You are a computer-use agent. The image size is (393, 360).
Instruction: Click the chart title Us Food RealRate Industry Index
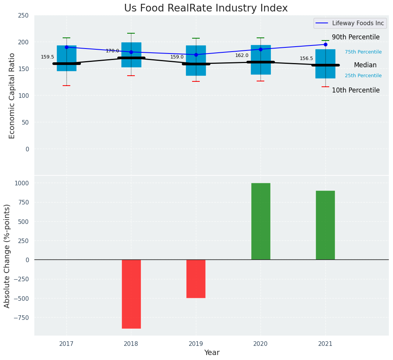pyautogui.click(x=206, y=8)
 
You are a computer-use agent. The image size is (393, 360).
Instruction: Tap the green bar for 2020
pyautogui.click(x=260, y=221)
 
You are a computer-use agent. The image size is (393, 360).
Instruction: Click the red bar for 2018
pyautogui.click(x=131, y=294)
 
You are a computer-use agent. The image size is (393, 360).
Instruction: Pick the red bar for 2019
pyautogui.click(x=196, y=279)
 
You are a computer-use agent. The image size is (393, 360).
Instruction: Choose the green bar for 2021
pyautogui.click(x=325, y=225)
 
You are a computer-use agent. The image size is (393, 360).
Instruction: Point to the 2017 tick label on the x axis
pyautogui.click(x=66, y=344)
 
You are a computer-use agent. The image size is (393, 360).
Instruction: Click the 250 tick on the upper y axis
pyautogui.click(x=23, y=15)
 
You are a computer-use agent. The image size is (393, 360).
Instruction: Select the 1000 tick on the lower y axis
pyautogui.click(x=22, y=183)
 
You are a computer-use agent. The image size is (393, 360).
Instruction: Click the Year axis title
pyautogui.click(x=212, y=353)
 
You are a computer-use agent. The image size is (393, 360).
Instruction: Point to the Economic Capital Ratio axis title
pyautogui.click(x=12, y=96)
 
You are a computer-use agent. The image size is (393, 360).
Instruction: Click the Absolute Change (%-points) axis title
pyautogui.click(x=7, y=256)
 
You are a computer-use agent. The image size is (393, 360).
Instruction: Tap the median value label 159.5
pyautogui.click(x=47, y=57)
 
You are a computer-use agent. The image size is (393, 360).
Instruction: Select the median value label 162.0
pyautogui.click(x=242, y=55)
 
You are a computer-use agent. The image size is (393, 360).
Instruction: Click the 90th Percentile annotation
pyautogui.click(x=356, y=37)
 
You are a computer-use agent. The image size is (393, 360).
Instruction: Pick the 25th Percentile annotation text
pyautogui.click(x=363, y=76)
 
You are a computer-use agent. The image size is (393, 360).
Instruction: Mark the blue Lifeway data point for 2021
pyautogui.click(x=325, y=44)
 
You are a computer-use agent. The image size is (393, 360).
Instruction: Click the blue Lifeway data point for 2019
pyautogui.click(x=196, y=55)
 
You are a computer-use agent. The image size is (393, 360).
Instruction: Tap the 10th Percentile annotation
pyautogui.click(x=356, y=91)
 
